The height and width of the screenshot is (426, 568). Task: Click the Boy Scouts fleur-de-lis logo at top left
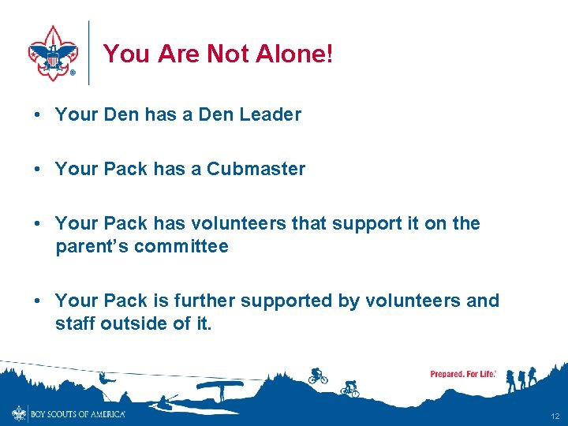[x=53, y=52]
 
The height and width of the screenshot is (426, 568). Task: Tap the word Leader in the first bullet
[x=270, y=114]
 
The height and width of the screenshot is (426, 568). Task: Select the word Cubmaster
[x=256, y=169]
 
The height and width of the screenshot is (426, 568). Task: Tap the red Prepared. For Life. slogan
[x=463, y=374]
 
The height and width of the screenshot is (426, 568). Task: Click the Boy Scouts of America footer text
[x=77, y=413]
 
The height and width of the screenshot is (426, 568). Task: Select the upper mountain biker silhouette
[x=317, y=376]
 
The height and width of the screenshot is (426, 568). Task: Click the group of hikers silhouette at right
[x=521, y=378]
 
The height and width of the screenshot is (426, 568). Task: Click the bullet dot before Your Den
[x=37, y=114]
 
